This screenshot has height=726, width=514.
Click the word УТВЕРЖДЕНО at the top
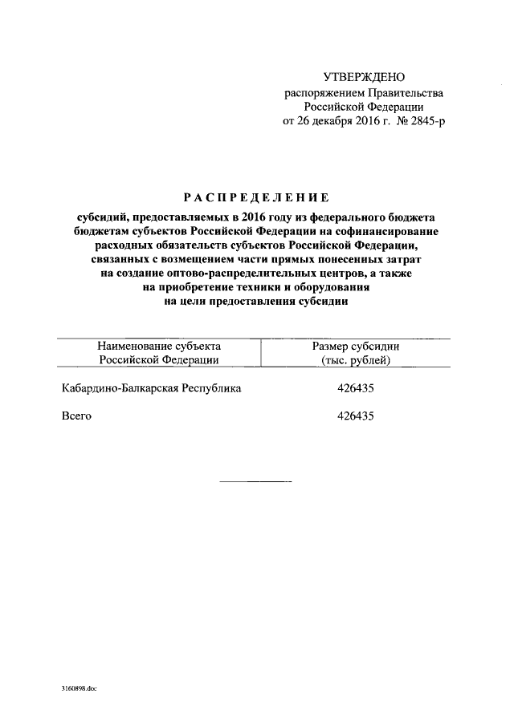point(363,78)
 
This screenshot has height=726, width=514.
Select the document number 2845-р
point(426,122)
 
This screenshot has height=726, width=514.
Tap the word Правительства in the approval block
point(404,93)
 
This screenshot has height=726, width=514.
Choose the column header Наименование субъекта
point(159,346)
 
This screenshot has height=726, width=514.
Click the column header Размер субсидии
point(355,346)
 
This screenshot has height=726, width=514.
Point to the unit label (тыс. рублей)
point(355,360)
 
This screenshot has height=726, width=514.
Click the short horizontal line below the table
point(256,481)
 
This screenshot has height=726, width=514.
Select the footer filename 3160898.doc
point(79,688)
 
